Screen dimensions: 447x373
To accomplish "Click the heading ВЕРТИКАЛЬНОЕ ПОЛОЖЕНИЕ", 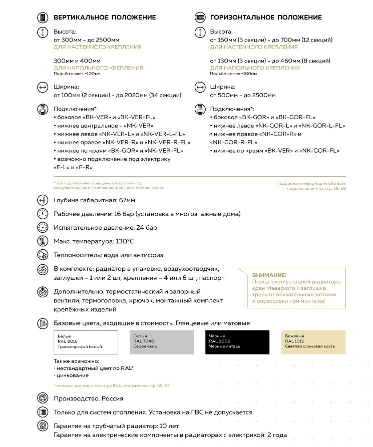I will [x=105, y=18].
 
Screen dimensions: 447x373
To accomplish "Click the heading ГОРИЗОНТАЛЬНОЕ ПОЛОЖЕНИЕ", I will [x=266, y=18].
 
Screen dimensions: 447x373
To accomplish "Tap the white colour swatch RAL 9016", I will [x=86, y=342].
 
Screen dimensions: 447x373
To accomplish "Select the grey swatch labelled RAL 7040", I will [x=162, y=342].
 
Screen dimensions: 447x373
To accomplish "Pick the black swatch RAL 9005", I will [x=237, y=342].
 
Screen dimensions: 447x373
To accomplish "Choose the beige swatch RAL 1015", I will [x=313, y=342].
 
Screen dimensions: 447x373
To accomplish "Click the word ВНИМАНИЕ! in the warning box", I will [x=269, y=275].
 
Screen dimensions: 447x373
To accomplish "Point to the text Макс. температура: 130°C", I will [x=94, y=241].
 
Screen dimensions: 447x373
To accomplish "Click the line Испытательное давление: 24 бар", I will [x=106, y=228].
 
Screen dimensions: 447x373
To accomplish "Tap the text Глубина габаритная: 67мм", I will [x=94, y=200].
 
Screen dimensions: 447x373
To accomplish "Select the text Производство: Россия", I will [x=88, y=398].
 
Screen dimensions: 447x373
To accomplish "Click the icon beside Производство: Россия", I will [x=43, y=398].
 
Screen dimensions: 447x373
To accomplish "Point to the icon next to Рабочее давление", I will [x=43, y=214].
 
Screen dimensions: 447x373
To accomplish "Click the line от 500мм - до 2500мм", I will [x=243, y=95].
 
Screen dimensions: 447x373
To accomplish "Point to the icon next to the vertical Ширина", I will [x=43, y=87].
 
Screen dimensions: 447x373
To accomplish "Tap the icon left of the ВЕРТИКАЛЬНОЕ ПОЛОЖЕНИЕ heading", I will [x=43, y=18].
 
